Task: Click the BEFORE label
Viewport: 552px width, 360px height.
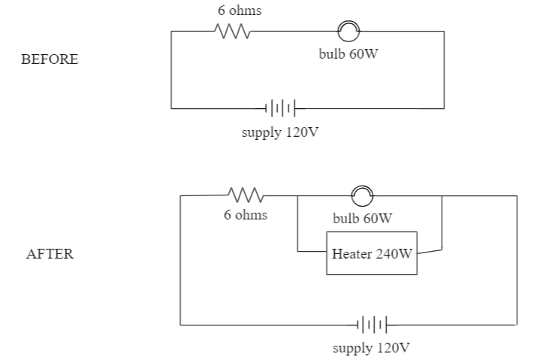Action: click(x=51, y=60)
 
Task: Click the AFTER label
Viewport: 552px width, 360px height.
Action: click(x=50, y=254)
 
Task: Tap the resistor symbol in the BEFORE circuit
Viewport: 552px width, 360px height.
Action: click(x=232, y=32)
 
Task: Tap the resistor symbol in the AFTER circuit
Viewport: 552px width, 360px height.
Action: click(x=245, y=195)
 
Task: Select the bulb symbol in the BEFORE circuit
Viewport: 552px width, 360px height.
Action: click(x=348, y=32)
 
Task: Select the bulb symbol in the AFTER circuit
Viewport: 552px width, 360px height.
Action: click(x=362, y=195)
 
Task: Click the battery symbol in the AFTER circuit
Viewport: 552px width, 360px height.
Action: click(x=373, y=325)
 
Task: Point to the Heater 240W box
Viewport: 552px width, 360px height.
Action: click(x=372, y=253)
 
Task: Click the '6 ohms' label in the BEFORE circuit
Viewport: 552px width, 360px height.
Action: click(x=234, y=11)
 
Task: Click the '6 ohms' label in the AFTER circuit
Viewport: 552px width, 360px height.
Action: click(x=245, y=215)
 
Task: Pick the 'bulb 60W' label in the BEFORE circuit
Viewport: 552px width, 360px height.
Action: click(x=348, y=56)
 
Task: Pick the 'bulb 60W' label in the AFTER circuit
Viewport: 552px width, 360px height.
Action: click(x=362, y=219)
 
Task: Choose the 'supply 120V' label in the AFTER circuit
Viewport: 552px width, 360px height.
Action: click(x=372, y=349)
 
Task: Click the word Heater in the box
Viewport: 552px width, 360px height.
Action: click(x=351, y=253)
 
